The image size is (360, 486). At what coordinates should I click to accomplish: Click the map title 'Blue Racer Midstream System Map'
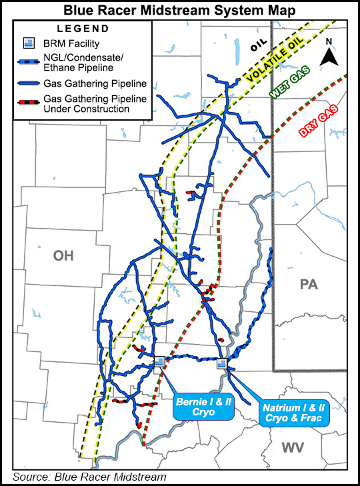tap(180, 9)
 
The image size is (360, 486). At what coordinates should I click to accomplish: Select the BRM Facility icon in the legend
tap(28, 44)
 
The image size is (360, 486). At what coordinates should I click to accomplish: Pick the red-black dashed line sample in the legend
tap(29, 104)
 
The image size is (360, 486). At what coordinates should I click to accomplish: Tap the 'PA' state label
tap(309, 285)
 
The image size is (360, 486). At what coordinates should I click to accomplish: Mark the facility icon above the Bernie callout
tap(159, 361)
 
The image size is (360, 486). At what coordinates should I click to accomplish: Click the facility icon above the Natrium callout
tap(222, 363)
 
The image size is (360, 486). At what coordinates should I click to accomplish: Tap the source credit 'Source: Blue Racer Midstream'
tap(89, 476)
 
